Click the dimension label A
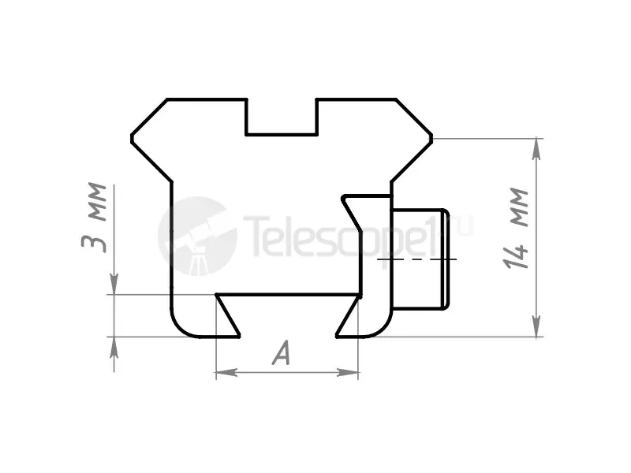[282, 352]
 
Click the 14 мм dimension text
[516, 228]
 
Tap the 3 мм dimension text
[94, 218]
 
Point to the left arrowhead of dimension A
[226, 372]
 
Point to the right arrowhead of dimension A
[348, 372]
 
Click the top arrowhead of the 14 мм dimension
[536, 149]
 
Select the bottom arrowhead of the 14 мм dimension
[536, 326]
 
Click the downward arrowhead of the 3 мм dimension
[114, 284]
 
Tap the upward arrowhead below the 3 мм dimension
[114, 348]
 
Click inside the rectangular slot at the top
[282, 117]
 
